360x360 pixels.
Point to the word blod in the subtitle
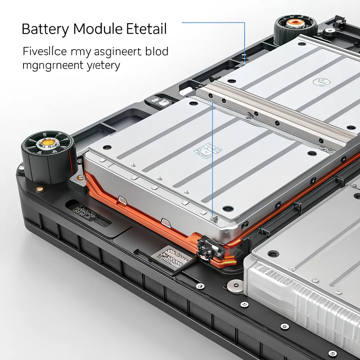[x=156, y=51]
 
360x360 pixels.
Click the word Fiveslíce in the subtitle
[x=45, y=51]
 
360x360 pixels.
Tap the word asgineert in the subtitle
[x=118, y=52]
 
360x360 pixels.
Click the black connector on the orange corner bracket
[x=210, y=248]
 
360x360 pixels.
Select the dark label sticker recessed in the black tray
[x=90, y=215]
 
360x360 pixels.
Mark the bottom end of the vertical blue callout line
[x=213, y=217]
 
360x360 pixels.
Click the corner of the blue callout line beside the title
[x=244, y=23]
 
